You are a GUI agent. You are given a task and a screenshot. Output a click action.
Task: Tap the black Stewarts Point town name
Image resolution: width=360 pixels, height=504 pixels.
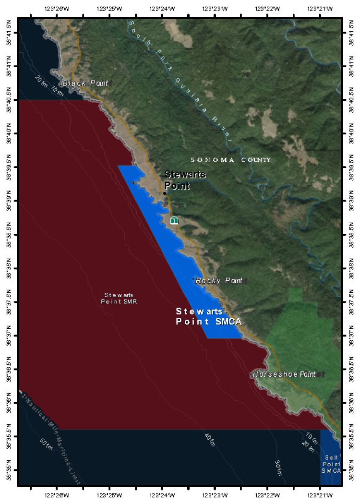click(185, 180)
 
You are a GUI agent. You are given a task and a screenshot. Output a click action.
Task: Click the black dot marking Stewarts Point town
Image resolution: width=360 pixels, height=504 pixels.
click(165, 193)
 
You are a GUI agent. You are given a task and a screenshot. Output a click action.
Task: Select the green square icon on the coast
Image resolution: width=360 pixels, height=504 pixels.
click(174, 220)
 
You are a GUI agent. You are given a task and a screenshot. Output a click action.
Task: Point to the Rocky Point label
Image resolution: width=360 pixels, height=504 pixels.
click(219, 281)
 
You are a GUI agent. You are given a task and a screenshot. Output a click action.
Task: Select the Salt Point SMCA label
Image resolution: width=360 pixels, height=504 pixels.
click(331, 464)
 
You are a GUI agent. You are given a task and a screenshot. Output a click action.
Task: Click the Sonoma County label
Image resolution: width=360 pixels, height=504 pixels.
click(230, 160)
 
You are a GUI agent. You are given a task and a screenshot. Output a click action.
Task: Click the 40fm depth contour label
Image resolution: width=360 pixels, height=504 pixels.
click(210, 440)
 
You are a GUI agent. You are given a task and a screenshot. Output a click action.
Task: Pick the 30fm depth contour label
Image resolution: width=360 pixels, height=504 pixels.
click(279, 468)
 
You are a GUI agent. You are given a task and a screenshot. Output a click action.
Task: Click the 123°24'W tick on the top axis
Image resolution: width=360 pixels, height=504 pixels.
click(162, 8)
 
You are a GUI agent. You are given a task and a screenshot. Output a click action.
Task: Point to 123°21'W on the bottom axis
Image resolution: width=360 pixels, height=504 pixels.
click(321, 494)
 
